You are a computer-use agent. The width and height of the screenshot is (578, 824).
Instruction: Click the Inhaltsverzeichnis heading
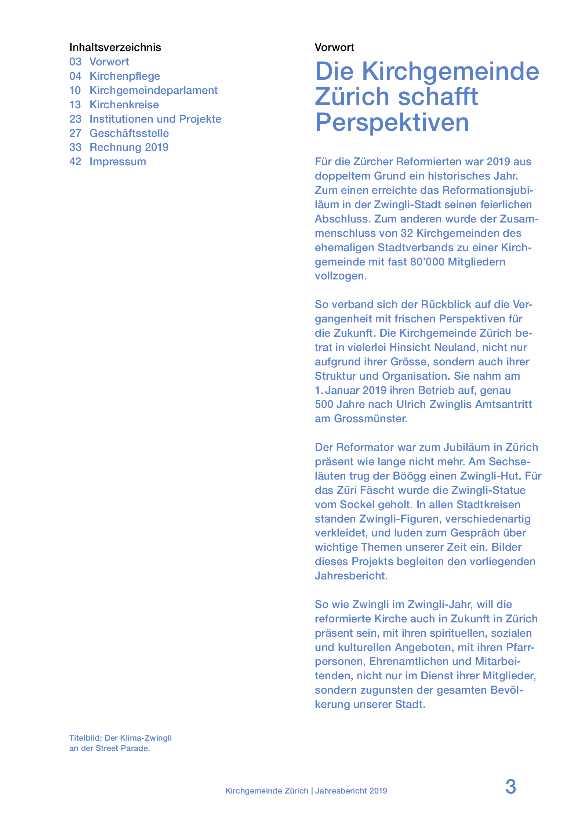pyautogui.click(x=115, y=47)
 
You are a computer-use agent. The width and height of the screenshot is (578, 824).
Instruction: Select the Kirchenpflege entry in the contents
pyautogui.click(x=125, y=76)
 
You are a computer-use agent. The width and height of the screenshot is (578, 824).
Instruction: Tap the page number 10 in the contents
pyautogui.click(x=75, y=90)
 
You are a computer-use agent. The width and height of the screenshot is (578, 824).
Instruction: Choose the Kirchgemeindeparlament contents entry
pyautogui.click(x=153, y=90)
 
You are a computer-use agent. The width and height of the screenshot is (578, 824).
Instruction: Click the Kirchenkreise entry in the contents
pyautogui.click(x=124, y=105)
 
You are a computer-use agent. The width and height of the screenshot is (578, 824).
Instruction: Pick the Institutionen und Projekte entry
pyautogui.click(x=155, y=119)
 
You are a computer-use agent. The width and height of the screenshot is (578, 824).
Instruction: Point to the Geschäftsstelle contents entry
pyautogui.click(x=129, y=133)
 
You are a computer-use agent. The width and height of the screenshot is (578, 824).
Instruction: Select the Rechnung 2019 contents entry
pyautogui.click(x=129, y=147)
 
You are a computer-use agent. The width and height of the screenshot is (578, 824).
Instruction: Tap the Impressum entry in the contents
pyautogui.click(x=117, y=162)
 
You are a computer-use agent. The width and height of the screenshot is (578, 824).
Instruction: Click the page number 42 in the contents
pyautogui.click(x=75, y=162)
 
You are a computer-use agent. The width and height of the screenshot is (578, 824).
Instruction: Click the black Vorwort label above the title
pyautogui.click(x=334, y=47)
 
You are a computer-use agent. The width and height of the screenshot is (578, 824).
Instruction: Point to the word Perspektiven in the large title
pyautogui.click(x=392, y=122)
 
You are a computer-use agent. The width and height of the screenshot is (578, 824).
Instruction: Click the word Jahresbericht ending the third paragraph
pyautogui.click(x=351, y=576)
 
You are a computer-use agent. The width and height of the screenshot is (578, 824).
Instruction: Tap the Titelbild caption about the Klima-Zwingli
pyautogui.click(x=120, y=743)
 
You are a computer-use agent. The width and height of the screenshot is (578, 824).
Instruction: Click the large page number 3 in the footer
pyautogui.click(x=510, y=787)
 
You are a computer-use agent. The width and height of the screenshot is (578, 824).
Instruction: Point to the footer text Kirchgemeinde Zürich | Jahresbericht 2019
pyautogui.click(x=306, y=791)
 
